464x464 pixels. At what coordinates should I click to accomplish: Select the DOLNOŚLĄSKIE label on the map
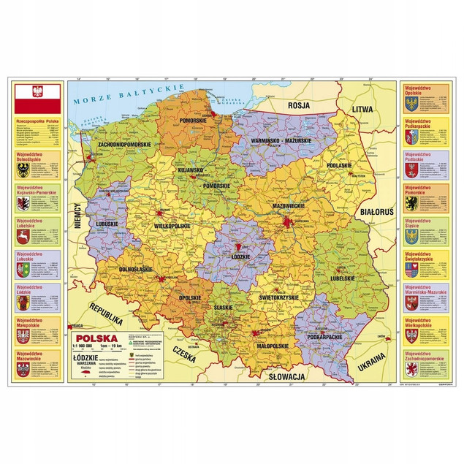[x=134, y=270]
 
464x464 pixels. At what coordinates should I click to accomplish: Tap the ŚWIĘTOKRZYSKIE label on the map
[x=280, y=297]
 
